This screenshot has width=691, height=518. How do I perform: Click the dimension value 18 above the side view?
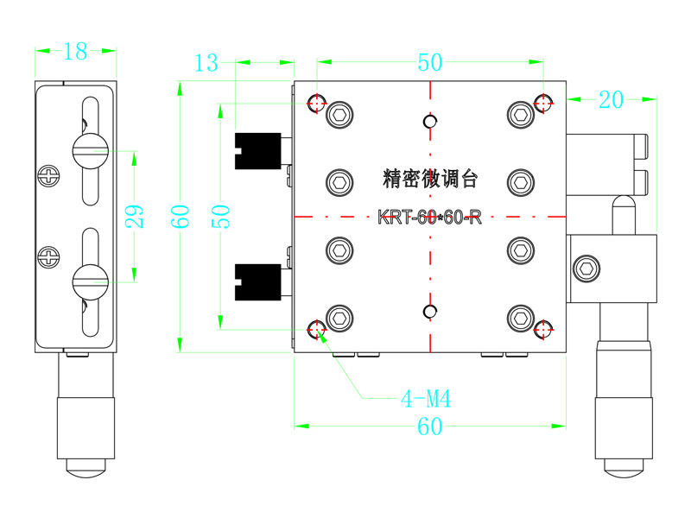pyautogui.click(x=75, y=52)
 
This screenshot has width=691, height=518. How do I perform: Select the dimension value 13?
pyautogui.click(x=207, y=62)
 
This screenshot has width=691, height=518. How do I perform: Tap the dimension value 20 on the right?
pyautogui.click(x=611, y=100)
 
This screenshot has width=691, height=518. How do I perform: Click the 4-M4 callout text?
pyautogui.click(x=426, y=399)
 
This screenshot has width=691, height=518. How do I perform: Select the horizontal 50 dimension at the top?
pyautogui.click(x=429, y=62)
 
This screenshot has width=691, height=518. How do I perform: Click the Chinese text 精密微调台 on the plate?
pyautogui.click(x=429, y=179)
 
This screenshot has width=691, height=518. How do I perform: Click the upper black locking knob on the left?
pyautogui.click(x=258, y=148)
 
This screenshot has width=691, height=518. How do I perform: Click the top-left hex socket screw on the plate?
pyautogui.click(x=339, y=114)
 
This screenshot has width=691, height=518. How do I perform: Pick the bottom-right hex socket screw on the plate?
pyautogui.click(x=520, y=318)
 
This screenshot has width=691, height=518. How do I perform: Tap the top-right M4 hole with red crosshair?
pyautogui.click(x=543, y=104)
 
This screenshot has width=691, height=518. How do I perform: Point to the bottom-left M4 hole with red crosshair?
pyautogui.click(x=317, y=328)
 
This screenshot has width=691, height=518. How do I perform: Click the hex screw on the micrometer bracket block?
pyautogui.click(x=587, y=268)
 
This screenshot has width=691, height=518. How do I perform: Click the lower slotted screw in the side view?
pyautogui.click(x=89, y=279)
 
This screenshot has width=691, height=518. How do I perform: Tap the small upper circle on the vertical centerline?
pyautogui.click(x=428, y=121)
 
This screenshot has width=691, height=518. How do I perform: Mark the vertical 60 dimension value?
pyautogui.click(x=180, y=216)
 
